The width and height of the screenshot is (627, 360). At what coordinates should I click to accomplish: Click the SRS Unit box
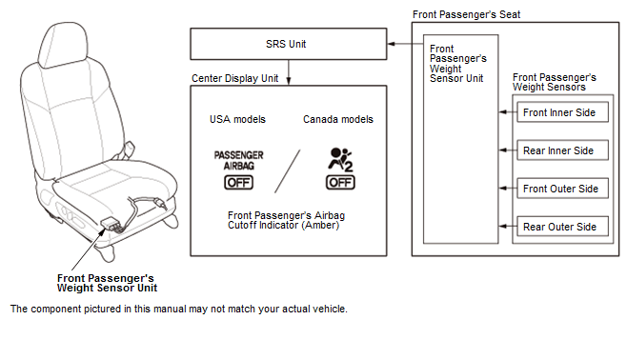(x=289, y=44)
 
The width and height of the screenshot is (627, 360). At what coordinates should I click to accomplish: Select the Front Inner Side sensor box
(x=562, y=111)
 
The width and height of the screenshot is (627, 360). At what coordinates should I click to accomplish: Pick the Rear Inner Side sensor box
(x=562, y=150)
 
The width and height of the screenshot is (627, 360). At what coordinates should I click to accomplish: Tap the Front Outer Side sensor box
(x=562, y=189)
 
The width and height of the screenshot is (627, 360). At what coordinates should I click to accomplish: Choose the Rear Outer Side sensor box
(x=562, y=227)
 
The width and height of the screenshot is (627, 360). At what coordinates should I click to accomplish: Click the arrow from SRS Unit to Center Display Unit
(x=289, y=72)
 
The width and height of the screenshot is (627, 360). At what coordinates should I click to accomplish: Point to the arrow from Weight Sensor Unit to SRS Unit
(x=406, y=44)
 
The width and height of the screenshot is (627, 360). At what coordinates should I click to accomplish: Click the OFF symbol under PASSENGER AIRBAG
(x=239, y=183)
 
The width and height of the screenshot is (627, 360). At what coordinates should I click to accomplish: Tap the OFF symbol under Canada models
(x=340, y=183)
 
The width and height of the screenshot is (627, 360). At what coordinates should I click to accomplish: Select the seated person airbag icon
(x=341, y=159)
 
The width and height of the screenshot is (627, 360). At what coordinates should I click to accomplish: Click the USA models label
(x=237, y=119)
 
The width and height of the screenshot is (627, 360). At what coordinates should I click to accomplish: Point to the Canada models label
(x=338, y=119)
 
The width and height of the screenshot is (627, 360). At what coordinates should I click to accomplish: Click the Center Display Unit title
(x=234, y=78)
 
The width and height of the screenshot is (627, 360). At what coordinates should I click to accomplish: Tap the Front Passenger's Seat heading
(x=466, y=15)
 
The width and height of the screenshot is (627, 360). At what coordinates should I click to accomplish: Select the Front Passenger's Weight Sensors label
(x=554, y=82)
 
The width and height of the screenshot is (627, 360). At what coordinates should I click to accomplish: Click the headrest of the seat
(x=63, y=46)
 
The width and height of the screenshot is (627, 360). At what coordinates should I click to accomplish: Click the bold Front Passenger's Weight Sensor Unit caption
(x=107, y=283)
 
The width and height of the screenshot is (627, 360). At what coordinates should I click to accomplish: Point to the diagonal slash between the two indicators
(x=287, y=171)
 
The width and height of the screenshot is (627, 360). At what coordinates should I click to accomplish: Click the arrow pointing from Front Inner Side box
(x=508, y=111)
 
